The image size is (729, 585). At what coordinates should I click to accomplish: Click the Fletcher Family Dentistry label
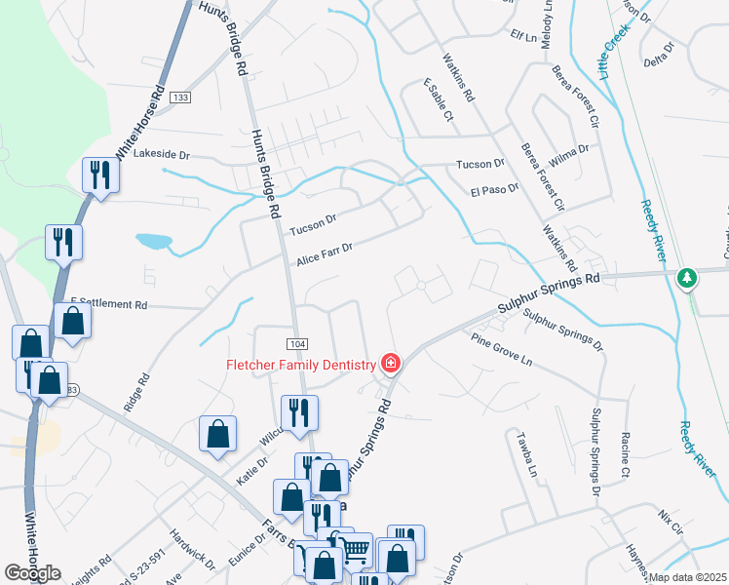pyautogui.click(x=299, y=365)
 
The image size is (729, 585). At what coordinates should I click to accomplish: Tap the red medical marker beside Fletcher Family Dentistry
pyautogui.click(x=391, y=364)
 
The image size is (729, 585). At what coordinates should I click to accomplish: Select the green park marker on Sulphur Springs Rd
pyautogui.click(x=687, y=279)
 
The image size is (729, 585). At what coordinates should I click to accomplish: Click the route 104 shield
pyautogui.click(x=298, y=344)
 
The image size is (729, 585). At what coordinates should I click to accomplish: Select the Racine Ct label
pyautogui.click(x=626, y=453)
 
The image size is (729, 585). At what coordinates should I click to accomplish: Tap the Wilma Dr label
pyautogui.click(x=570, y=155)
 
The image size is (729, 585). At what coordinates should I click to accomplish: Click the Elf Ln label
pyautogui.click(x=523, y=37)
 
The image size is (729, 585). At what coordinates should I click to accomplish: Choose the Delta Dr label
pyautogui.click(x=660, y=55)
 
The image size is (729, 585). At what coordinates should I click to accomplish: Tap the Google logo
pyautogui.click(x=33, y=573)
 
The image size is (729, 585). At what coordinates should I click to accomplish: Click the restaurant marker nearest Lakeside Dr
pyautogui.click(x=100, y=175)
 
